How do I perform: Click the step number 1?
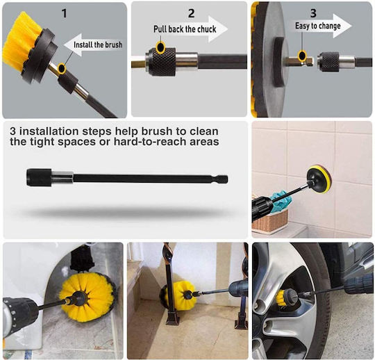pos(64,13)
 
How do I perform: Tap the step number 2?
pos(191,13)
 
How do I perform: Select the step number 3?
pos(313,13)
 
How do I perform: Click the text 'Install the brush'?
pos(98,44)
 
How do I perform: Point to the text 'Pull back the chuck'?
pos(185,29)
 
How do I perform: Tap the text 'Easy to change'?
pos(318,26)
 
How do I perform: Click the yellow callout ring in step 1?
pos(62,69)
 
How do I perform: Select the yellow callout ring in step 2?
pos(160,47)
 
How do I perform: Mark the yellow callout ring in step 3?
pos(302,56)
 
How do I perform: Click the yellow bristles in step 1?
pos(20,41)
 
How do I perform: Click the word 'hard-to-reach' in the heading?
pos(150,142)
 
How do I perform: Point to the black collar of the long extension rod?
pos(39,178)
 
